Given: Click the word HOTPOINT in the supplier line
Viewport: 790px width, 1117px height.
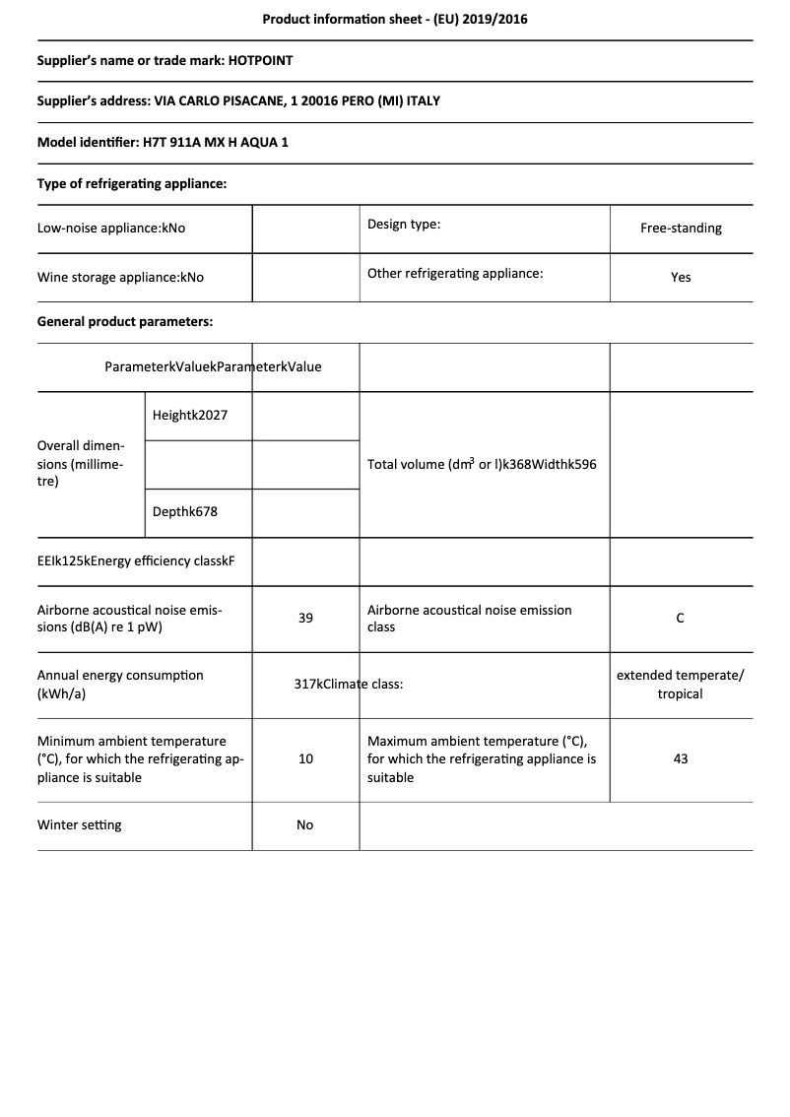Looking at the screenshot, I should pos(260,60).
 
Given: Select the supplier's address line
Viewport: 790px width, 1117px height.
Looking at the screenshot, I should pos(238,101).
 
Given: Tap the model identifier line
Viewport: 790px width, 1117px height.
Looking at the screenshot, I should pos(163,142).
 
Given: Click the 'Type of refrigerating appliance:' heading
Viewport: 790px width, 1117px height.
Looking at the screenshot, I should pos(132,183).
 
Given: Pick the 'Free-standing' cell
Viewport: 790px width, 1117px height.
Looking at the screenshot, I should pos(681,228).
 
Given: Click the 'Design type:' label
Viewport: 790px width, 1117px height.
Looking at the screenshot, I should pos(404,224).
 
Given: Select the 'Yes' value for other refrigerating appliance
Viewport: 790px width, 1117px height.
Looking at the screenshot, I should pos(681,277).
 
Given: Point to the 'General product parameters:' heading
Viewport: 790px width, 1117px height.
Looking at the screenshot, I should pos(125,321).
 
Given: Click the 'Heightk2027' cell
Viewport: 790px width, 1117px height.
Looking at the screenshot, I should pos(190,415).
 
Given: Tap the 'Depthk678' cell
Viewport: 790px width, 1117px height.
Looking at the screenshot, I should pos(185,512).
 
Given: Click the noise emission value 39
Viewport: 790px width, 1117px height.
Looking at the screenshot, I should pos(305,618).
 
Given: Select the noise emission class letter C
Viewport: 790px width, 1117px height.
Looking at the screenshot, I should pos(681,618).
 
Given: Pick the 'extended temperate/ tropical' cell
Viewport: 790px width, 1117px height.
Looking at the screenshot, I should pos(681,684).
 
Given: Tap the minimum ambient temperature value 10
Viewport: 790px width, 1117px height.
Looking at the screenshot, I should pos(305,758).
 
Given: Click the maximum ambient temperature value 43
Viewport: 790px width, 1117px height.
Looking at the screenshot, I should pos(681,758).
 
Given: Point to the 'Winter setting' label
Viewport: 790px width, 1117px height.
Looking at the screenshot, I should pos(80,824).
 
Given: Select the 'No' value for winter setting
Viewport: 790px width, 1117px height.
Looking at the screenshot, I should pos(305,824).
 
